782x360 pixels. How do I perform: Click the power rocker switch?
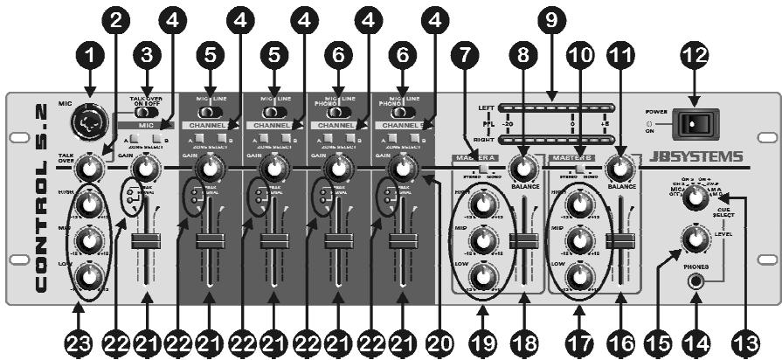[x=695, y=123]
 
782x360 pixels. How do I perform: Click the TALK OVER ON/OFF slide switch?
[x=148, y=112]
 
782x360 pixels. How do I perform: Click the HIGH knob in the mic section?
[x=87, y=204]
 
